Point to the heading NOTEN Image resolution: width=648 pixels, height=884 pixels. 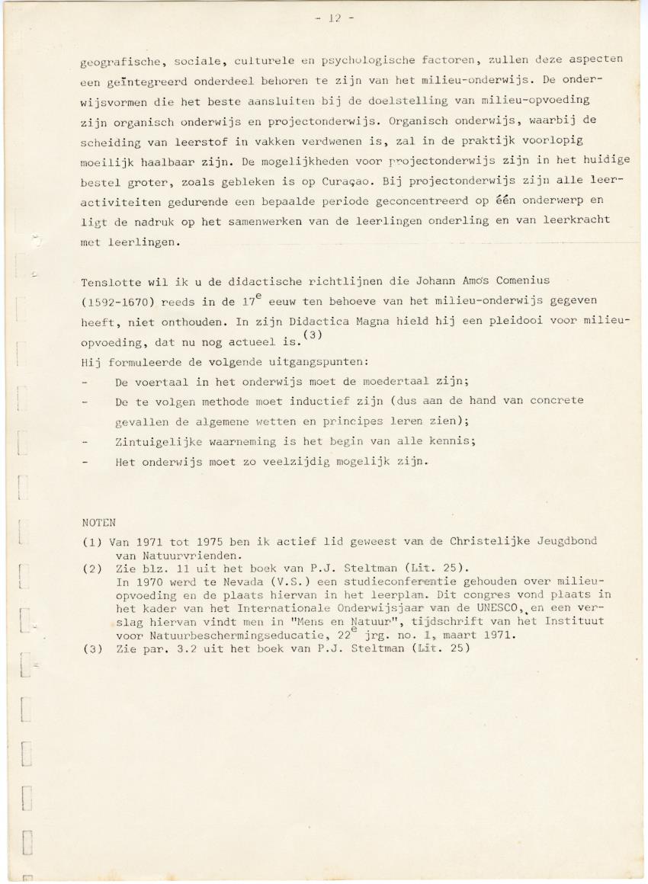point(98,523)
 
